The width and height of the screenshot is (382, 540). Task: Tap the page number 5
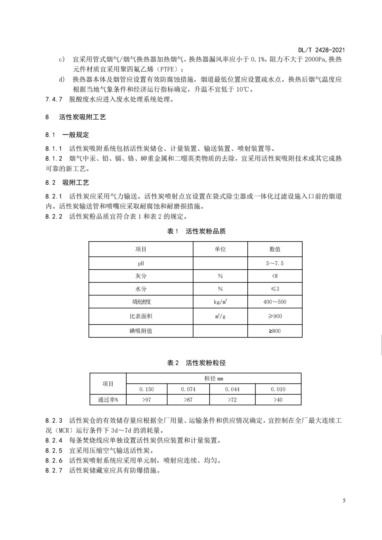click(x=344, y=501)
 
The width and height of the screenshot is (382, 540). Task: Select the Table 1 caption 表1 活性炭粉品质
click(x=196, y=231)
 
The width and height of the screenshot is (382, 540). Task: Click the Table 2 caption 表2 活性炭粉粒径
click(x=196, y=363)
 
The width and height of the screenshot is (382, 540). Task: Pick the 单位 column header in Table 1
click(x=220, y=249)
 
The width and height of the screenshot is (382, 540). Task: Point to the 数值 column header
click(x=275, y=249)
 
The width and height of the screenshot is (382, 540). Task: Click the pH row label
click(x=141, y=264)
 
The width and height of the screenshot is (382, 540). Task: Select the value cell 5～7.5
click(x=275, y=264)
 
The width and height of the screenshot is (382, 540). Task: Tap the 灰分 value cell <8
click(x=275, y=276)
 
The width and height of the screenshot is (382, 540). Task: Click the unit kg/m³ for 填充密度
click(x=220, y=302)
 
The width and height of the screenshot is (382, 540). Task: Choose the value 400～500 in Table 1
click(x=275, y=302)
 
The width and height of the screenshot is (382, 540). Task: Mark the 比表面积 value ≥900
click(x=275, y=316)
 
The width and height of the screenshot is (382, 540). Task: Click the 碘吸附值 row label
click(x=141, y=331)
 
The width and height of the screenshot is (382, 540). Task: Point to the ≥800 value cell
click(x=275, y=331)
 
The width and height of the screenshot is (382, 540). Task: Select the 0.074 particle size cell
click(x=188, y=389)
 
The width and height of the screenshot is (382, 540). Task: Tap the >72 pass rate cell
click(x=232, y=400)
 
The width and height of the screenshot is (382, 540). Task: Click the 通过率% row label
click(x=108, y=400)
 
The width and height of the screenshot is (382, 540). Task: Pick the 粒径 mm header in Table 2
click(x=214, y=378)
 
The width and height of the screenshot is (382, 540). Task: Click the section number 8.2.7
click(x=54, y=470)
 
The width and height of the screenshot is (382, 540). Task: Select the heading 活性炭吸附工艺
click(x=82, y=117)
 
